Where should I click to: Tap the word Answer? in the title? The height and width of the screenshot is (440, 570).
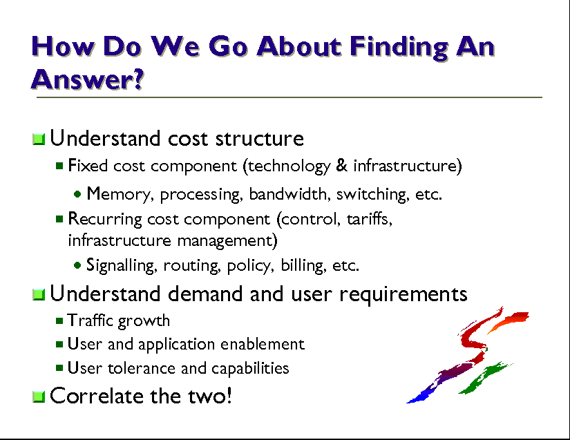[88, 79]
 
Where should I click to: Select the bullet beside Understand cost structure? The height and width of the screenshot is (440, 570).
[39, 139]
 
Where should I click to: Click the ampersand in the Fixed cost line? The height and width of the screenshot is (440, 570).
[342, 165]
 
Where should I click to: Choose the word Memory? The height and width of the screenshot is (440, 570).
[117, 194]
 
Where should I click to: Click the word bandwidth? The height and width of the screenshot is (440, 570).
[287, 193]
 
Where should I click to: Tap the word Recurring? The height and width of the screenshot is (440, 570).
[105, 220]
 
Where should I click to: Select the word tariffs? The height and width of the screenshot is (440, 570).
[369, 219]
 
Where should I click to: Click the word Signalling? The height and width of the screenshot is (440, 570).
[121, 266]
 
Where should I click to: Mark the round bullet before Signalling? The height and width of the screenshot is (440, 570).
[77, 265]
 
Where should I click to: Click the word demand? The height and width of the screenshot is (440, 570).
[205, 294]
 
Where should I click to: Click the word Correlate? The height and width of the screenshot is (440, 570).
[96, 396]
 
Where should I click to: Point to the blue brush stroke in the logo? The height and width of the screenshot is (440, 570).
[421, 395]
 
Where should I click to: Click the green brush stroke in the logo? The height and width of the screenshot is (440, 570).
[484, 378]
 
